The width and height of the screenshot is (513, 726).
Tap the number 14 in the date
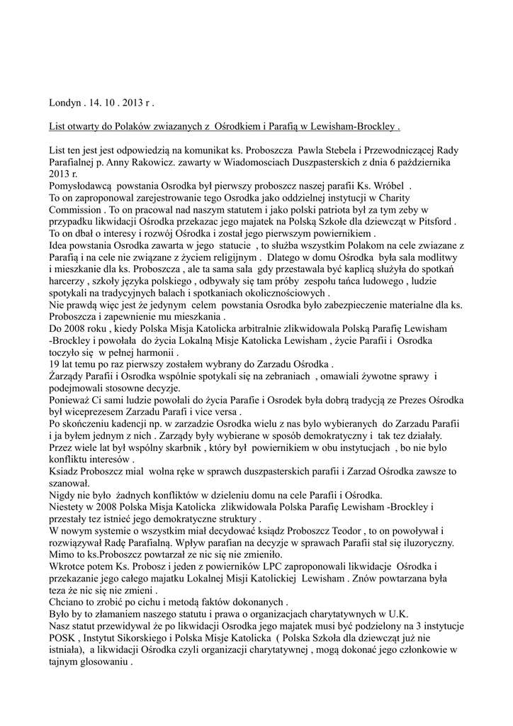(96, 104)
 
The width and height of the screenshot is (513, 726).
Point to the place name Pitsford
(433, 221)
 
